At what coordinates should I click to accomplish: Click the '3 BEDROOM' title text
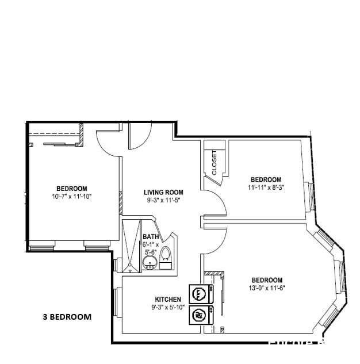pyautogui.click(x=67, y=316)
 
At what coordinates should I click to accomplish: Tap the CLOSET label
pyautogui.click(x=214, y=163)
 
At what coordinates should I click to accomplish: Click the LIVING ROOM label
pyautogui.click(x=163, y=192)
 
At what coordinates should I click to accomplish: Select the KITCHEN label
pyautogui.click(x=168, y=299)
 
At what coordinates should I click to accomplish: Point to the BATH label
pyautogui.click(x=151, y=236)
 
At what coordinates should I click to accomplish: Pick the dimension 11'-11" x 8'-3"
pyautogui.click(x=266, y=187)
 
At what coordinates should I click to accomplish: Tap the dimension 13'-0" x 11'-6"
pyautogui.click(x=267, y=289)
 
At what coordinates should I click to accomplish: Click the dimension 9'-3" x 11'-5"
pyautogui.click(x=163, y=201)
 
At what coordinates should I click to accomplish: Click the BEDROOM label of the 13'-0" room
pyautogui.click(x=267, y=280)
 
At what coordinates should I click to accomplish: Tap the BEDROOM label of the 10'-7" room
pyautogui.click(x=72, y=188)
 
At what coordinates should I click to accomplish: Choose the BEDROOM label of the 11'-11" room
pyautogui.click(x=266, y=179)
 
